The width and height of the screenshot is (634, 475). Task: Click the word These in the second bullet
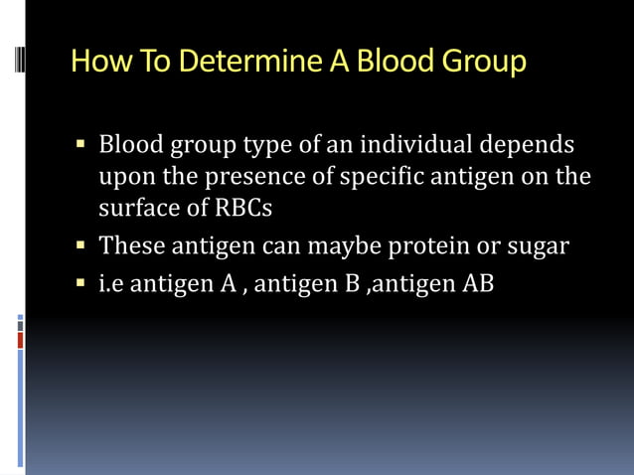click(x=130, y=244)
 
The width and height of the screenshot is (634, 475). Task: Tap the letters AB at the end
click(x=478, y=282)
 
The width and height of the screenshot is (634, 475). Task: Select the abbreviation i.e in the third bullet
click(x=111, y=282)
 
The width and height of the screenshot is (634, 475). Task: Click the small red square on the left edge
click(x=20, y=340)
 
